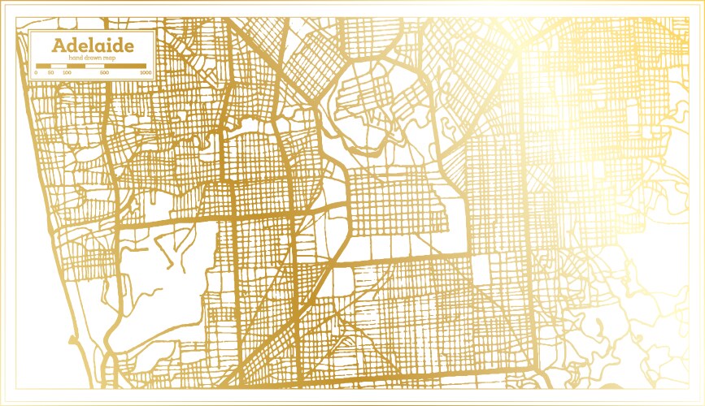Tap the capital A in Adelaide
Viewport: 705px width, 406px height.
coord(59,44)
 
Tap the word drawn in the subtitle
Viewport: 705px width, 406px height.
coord(91,57)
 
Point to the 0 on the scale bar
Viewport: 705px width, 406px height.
coord(36,73)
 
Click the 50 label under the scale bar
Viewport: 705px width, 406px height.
coord(51,73)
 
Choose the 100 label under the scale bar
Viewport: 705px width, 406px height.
coord(67,73)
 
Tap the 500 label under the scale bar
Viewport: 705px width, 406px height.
coord(105,73)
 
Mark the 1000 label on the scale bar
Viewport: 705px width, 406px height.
coord(145,73)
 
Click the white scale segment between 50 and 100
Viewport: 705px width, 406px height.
coord(59,65)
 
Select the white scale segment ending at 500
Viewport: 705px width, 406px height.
coord(95,65)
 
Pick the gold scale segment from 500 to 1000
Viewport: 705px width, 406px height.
coord(126,65)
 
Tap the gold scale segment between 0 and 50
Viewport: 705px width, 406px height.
coord(43,65)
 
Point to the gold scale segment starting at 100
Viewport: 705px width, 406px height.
coord(76,65)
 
